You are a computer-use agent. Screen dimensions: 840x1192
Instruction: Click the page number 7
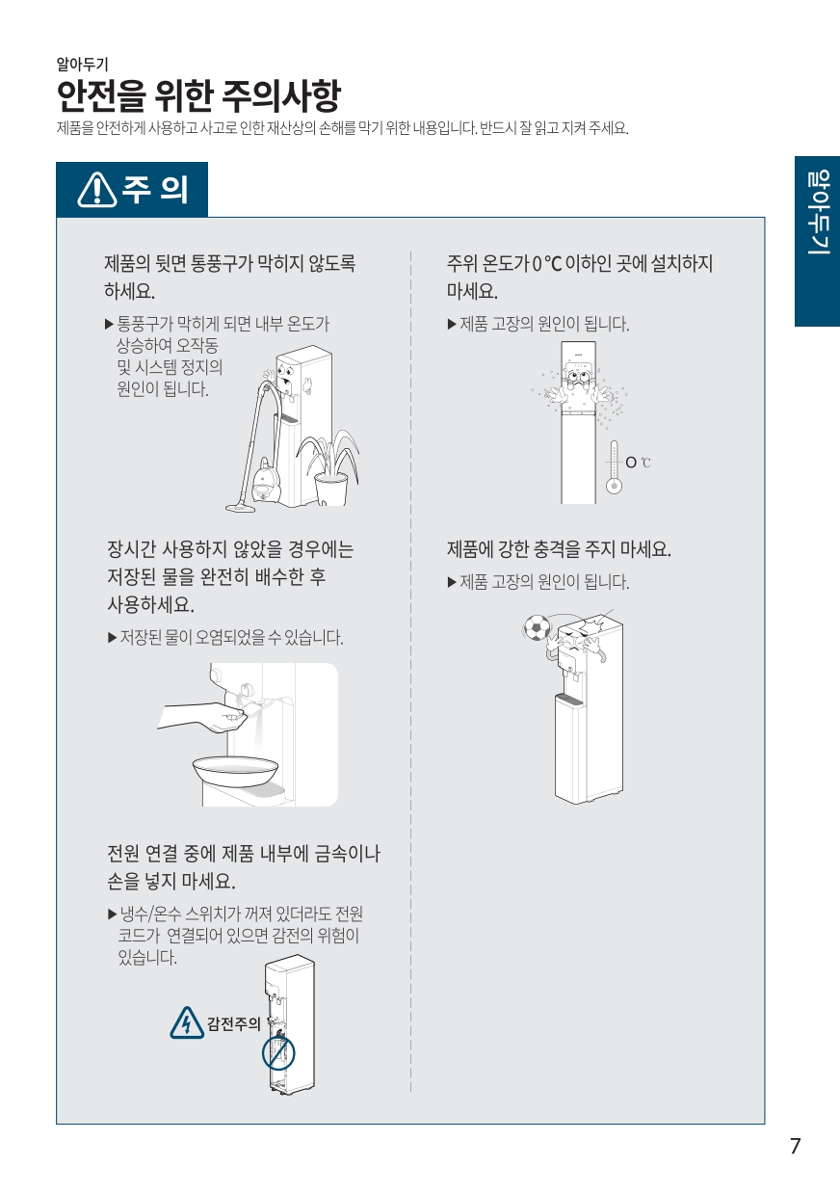pos(795,1146)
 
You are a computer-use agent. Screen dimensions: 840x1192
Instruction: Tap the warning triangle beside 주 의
pos(97,190)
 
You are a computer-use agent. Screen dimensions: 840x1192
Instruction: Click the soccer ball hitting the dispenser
pos(537,628)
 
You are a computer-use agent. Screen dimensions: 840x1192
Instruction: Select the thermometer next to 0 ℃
pos(614,466)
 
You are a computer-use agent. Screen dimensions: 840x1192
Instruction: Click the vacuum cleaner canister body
pos(266,481)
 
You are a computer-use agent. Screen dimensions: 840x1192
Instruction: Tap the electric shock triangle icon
pos(187,1022)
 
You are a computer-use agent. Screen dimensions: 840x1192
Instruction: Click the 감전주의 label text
pos(233,1023)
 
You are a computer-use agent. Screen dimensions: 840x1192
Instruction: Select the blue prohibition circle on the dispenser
pos(278,1053)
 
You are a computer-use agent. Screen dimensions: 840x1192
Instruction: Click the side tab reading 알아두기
pos(817,241)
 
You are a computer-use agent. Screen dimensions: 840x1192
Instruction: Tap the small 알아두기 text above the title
pos(83,65)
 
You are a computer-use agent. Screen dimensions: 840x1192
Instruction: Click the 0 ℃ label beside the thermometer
pos(638,463)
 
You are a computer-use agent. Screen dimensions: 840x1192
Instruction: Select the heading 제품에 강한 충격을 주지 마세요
pos(559,549)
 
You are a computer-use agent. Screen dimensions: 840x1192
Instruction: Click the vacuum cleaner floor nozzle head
pos(240,508)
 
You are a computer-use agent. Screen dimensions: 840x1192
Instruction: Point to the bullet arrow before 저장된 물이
pos(113,638)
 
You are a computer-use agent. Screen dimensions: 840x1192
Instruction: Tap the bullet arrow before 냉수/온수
pos(113,914)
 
